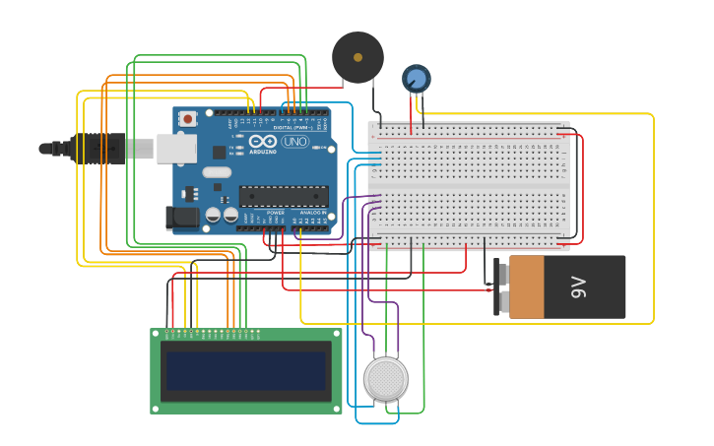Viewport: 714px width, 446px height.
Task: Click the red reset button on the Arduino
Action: [188, 119]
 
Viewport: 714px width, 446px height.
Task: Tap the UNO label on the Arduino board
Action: [294, 142]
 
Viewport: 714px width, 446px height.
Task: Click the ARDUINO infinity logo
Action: [263, 142]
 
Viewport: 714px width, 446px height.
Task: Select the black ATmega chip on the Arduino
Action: [284, 197]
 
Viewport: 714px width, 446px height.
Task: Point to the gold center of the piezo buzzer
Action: [357, 57]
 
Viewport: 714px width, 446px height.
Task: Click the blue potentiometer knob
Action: [417, 78]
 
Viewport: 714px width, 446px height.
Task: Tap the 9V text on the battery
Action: [579, 287]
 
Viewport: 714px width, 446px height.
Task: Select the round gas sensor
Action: [386, 379]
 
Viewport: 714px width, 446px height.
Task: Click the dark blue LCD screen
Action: [246, 371]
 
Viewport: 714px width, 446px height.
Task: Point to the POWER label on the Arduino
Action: [276, 213]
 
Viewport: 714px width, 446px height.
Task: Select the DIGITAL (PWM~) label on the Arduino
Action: [292, 128]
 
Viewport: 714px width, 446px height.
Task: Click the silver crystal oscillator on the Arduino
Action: [217, 173]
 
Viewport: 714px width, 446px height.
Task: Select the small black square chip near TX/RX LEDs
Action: [219, 153]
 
